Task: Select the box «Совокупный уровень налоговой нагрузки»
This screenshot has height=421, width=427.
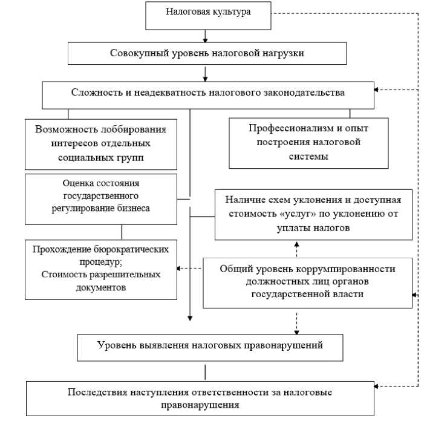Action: (x=207, y=53)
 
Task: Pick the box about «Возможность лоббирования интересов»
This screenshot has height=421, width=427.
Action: (x=101, y=143)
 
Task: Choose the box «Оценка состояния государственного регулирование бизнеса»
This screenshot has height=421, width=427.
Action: (x=101, y=198)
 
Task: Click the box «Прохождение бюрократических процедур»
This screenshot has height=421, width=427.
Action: (x=101, y=269)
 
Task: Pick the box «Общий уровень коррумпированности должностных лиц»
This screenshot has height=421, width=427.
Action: (x=308, y=281)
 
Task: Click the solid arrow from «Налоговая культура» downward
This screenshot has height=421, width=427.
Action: (x=206, y=36)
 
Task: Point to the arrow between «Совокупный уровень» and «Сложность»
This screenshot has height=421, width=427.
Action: (x=206, y=73)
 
